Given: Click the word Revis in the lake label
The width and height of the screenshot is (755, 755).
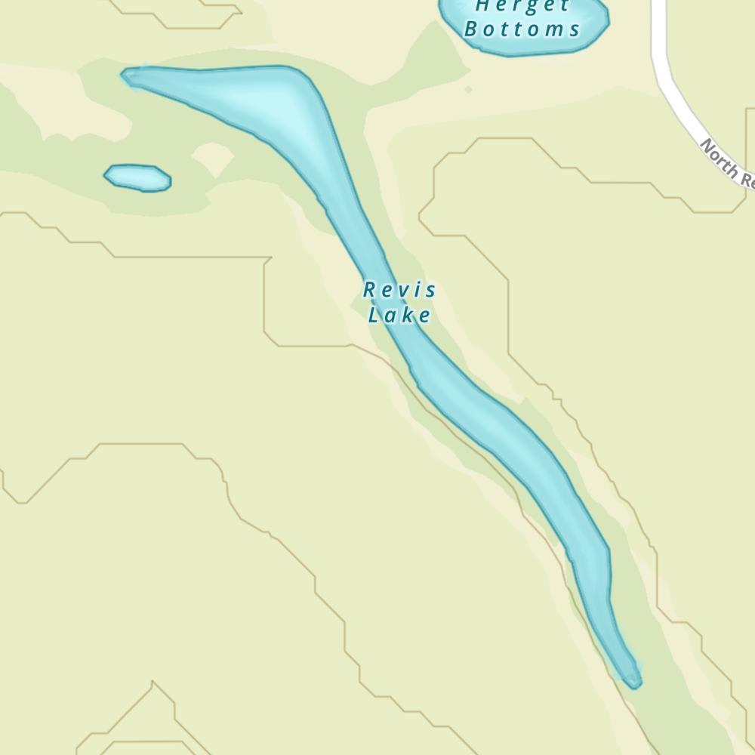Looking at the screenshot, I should pos(399,290).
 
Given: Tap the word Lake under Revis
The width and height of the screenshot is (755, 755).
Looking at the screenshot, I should pos(399,315).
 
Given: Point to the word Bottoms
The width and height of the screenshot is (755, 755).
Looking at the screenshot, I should pos(522,29).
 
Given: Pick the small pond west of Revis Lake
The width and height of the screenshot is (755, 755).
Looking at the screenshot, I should pos(137,177).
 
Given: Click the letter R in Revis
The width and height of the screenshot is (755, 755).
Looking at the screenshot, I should pos(369,290).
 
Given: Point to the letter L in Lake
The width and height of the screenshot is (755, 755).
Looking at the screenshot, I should pos(373,315).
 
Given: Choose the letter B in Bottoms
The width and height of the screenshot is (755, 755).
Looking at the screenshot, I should pos(472,29).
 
